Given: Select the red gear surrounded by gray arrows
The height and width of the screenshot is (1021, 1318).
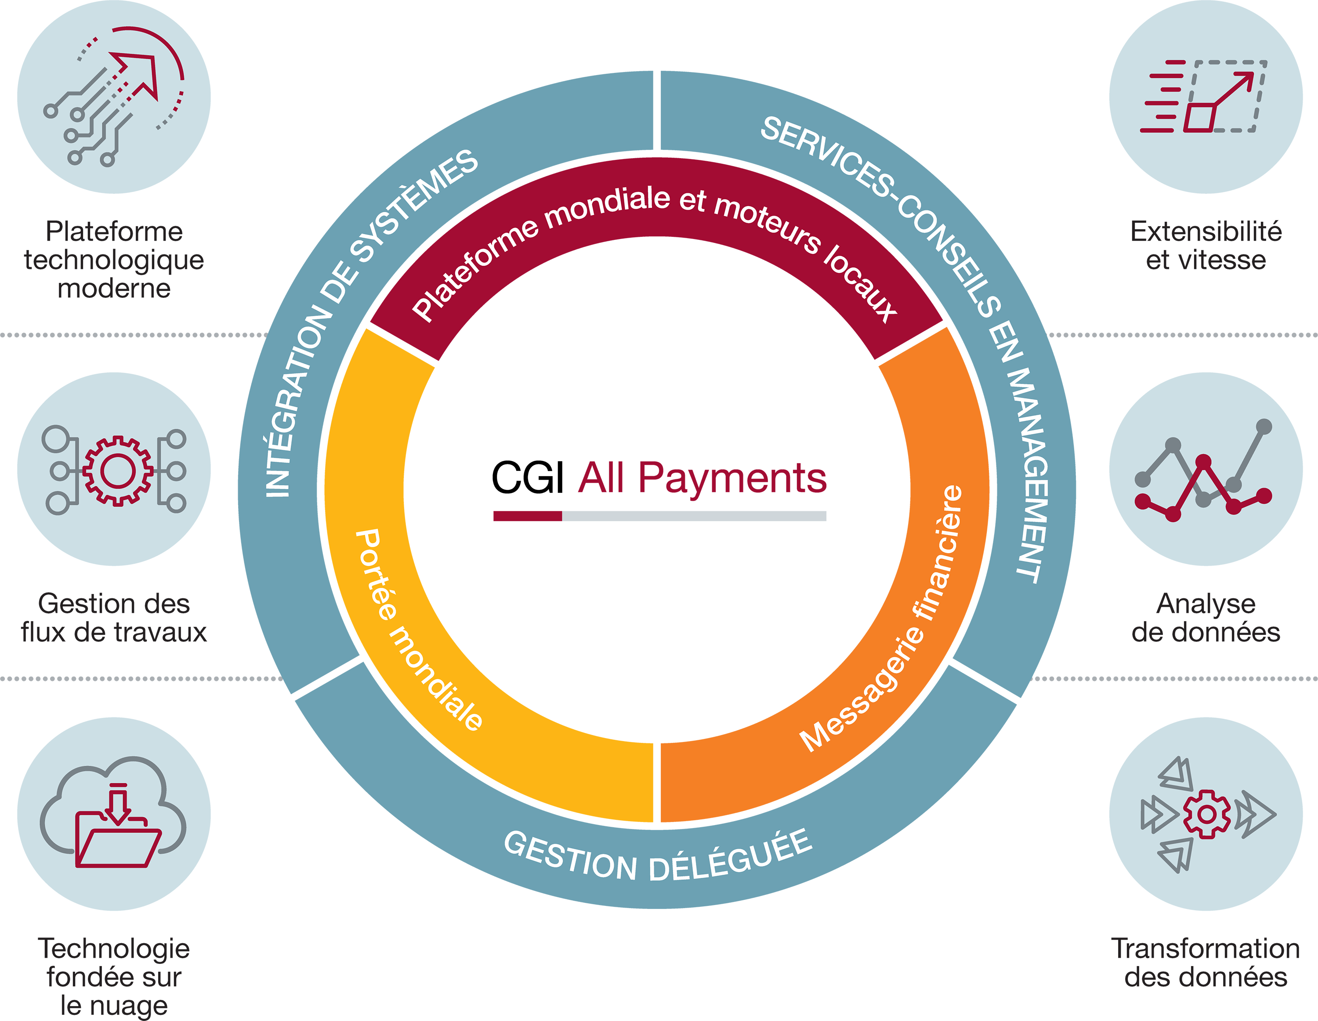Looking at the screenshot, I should (1206, 814).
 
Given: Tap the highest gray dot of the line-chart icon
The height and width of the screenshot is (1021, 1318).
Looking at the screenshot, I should (1263, 427).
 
